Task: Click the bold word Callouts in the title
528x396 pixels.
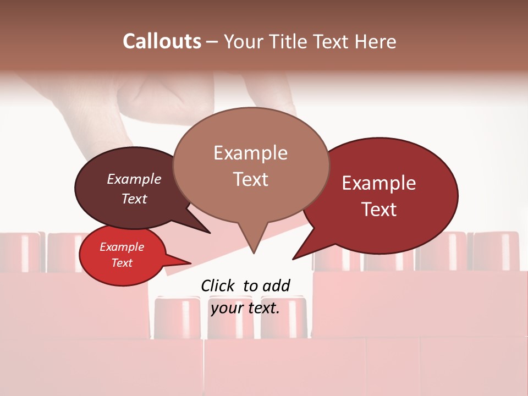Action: pyautogui.click(x=162, y=41)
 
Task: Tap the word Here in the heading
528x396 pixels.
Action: pyautogui.click(x=376, y=41)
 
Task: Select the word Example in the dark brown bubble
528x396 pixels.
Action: pyautogui.click(x=134, y=179)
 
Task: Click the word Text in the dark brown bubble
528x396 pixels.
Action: pyautogui.click(x=134, y=199)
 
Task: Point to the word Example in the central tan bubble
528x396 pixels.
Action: pyautogui.click(x=250, y=153)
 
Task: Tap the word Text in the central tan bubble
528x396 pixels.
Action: pyautogui.click(x=250, y=179)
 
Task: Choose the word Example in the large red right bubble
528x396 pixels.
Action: pyautogui.click(x=379, y=183)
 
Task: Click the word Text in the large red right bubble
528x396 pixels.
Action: pyautogui.click(x=379, y=210)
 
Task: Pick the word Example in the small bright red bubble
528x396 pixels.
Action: pyautogui.click(x=122, y=247)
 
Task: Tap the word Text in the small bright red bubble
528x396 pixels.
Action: pyautogui.click(x=122, y=263)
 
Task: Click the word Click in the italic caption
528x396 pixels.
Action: pyautogui.click(x=219, y=285)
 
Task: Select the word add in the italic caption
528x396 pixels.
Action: pyautogui.click(x=277, y=285)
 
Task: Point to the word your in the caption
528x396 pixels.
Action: pyautogui.click(x=227, y=308)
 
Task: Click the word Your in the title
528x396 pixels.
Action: pyautogui.click(x=241, y=41)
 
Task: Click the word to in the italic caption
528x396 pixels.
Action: pyautogui.click(x=250, y=285)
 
